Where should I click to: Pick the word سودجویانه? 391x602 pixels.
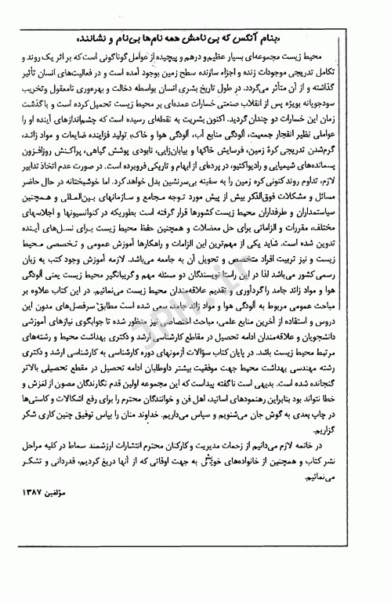tap(342, 103)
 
